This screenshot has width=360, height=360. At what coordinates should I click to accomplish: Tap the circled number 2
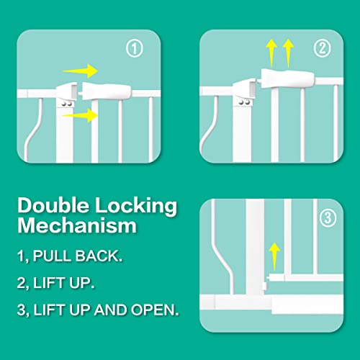coord(323,50)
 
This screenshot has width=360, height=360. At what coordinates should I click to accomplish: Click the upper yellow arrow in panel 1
coord(80,71)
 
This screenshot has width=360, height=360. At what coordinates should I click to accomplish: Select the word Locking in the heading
coord(140,206)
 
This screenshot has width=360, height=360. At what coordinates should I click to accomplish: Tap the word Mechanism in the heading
coord(77,227)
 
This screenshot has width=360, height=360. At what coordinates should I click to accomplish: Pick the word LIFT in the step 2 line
coord(56,283)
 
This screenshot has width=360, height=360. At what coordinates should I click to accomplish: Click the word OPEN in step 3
coord(156,310)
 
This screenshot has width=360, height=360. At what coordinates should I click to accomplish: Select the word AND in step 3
coord(119,310)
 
